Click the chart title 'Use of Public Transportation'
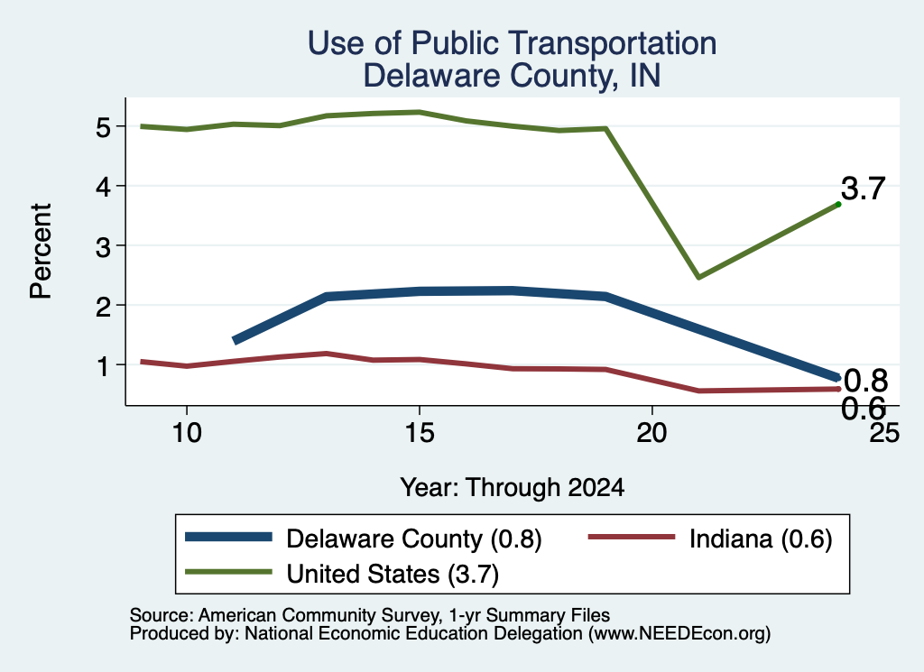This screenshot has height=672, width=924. [513, 43]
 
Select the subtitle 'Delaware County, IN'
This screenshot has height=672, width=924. [512, 76]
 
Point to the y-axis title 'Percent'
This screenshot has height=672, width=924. [42, 252]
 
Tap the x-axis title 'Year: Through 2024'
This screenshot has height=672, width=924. [513, 488]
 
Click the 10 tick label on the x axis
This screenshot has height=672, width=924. [187, 434]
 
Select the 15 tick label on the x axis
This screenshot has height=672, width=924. [419, 434]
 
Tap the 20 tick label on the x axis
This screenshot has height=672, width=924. [651, 434]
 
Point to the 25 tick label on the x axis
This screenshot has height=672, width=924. [884, 434]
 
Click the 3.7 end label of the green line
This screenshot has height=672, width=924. [864, 189]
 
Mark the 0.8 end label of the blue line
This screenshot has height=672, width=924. [865, 381]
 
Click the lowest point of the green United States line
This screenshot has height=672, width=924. [698, 277]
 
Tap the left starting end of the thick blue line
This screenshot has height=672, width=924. [236, 340]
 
